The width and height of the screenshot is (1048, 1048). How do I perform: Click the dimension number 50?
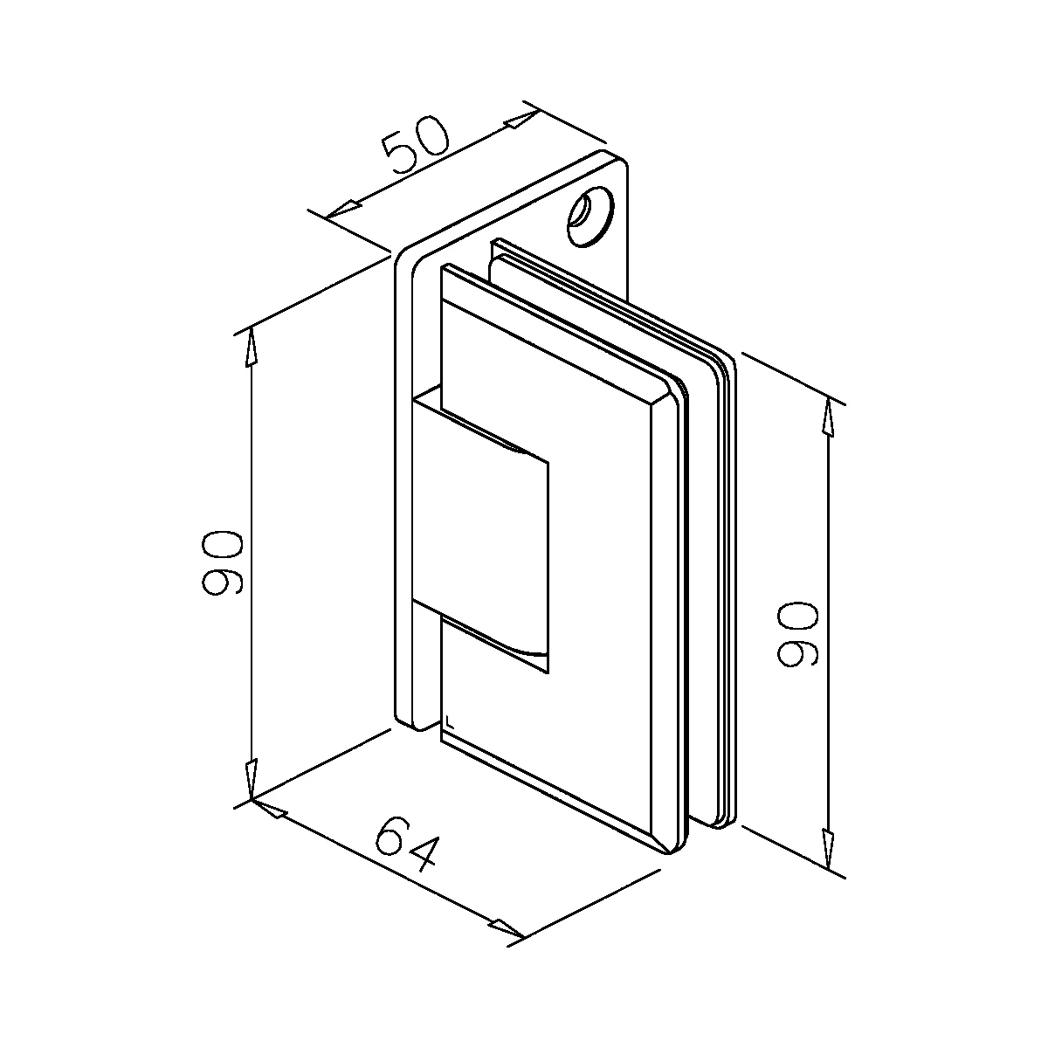417,145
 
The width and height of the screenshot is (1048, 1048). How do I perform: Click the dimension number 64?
406,851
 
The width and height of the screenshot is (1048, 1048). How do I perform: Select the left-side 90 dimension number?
221,563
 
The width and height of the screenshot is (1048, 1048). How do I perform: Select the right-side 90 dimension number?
797,633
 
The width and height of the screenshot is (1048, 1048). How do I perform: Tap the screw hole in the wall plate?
590,217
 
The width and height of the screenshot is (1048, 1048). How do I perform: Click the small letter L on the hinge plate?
449,721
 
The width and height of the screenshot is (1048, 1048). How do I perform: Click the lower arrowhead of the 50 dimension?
342,210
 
